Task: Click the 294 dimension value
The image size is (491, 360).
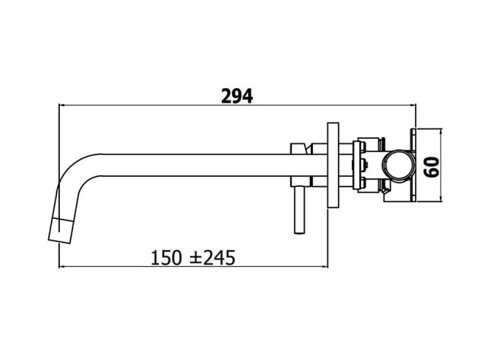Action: (x=237, y=96)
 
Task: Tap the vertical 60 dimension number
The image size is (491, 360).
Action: (x=431, y=167)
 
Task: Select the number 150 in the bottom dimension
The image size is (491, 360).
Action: (x=166, y=258)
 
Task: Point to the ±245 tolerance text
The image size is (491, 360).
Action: (x=213, y=258)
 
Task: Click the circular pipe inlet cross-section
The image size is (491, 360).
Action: (x=399, y=165)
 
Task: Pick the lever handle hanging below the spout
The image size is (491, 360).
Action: (x=299, y=209)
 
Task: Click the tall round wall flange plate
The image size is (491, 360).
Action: (x=333, y=165)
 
